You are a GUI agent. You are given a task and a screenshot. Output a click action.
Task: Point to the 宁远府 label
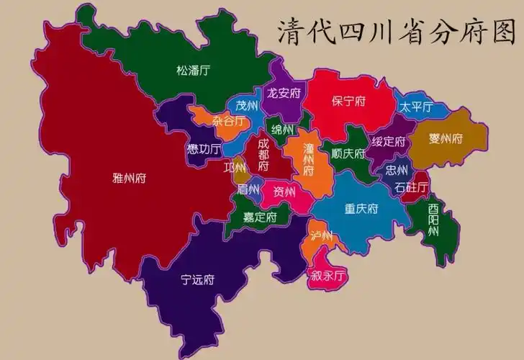[198, 279]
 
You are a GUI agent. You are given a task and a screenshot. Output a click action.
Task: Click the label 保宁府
[348, 102]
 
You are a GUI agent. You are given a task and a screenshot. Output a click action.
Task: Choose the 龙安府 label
[284, 93]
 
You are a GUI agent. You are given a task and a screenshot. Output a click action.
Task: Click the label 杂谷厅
[228, 121]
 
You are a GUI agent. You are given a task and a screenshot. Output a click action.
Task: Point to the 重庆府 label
[361, 210]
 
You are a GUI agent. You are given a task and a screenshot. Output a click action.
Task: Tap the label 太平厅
[416, 107]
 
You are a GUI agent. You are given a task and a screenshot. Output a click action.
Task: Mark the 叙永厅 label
[328, 275]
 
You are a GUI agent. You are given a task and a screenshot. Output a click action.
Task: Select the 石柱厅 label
[411, 188]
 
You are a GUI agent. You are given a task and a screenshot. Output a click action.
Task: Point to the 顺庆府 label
[347, 153]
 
